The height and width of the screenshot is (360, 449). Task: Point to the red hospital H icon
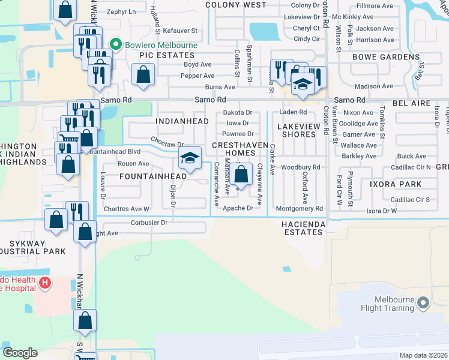pos(44,282)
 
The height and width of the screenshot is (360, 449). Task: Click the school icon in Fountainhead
pos(190,159)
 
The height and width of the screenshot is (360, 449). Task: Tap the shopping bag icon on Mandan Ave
pos(241,175)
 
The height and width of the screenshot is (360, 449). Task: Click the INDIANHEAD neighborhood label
pos(182,121)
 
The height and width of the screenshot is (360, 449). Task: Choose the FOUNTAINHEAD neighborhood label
pos(152,176)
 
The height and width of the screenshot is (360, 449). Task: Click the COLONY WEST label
pos(235,5)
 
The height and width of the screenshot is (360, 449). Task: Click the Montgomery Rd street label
pos(300,208)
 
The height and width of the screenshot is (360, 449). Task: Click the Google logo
pos(20,353)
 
